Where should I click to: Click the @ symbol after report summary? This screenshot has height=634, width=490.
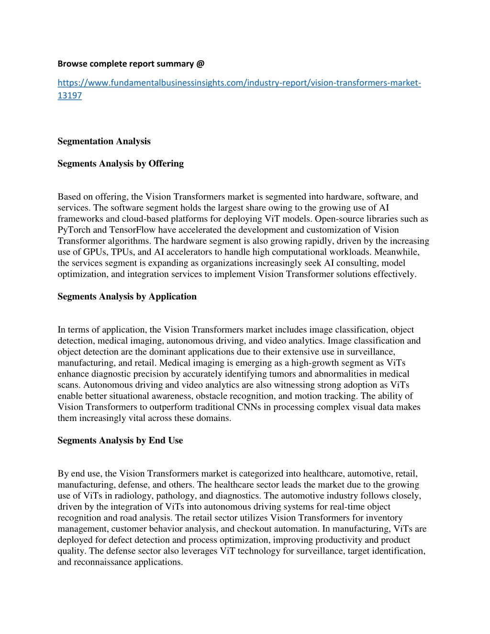point(200,64)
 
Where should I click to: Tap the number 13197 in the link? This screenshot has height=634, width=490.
point(69,96)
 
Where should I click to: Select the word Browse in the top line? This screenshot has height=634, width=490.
point(71,64)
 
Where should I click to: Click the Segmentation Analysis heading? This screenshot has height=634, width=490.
point(104,141)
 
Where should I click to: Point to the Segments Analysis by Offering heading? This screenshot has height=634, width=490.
point(121,164)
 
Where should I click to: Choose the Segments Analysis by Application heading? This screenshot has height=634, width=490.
point(127,297)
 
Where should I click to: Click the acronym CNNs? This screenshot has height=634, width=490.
point(249,407)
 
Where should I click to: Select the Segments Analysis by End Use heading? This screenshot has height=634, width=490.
point(120,441)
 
